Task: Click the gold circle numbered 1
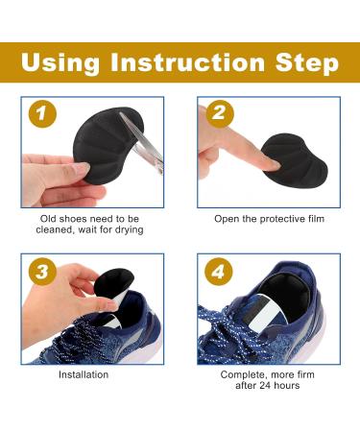tap(40, 114)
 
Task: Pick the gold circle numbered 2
tap(219, 114)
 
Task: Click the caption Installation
tap(84, 373)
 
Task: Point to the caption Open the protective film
tap(269, 219)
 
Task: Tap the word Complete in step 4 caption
tap(245, 373)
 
